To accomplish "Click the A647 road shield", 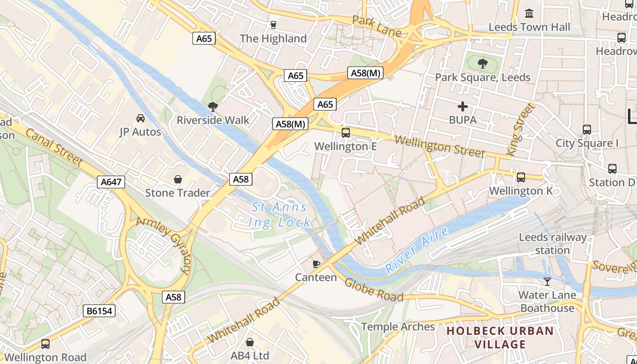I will [x=111, y=182].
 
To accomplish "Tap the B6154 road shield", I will [x=100, y=311].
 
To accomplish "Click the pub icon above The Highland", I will [x=273, y=25].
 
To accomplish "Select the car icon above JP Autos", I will [x=141, y=118].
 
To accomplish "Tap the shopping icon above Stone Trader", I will [x=178, y=179].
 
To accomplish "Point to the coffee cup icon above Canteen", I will [x=316, y=264].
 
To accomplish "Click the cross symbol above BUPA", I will [x=463, y=107].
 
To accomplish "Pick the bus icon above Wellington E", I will [x=346, y=133].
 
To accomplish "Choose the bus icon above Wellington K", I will [x=521, y=177].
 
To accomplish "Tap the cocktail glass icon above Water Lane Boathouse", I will [x=547, y=282].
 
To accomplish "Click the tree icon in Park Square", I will [x=483, y=64].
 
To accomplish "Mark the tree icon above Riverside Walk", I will [x=212, y=107].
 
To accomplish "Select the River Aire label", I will [x=416, y=250].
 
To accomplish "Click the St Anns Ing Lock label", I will [x=280, y=215].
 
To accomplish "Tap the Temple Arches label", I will [x=398, y=327].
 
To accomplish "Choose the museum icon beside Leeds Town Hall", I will [x=529, y=14].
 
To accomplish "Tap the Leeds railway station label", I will [x=553, y=244].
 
